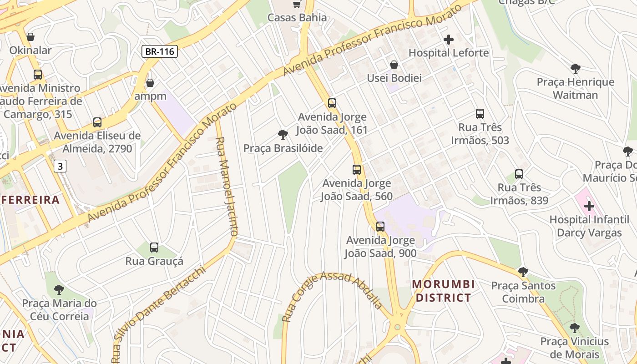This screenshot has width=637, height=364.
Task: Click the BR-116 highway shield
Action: pyautogui.click(x=159, y=51)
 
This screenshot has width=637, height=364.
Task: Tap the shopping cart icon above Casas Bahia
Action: pyautogui.click(x=297, y=4)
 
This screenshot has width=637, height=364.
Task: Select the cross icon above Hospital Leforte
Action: pyautogui.click(x=449, y=40)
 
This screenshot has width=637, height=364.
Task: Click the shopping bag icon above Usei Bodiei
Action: pyautogui.click(x=394, y=65)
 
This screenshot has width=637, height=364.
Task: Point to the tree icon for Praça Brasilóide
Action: pyautogui.click(x=283, y=135)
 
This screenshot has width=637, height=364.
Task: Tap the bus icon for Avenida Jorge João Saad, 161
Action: pyautogui.click(x=332, y=103)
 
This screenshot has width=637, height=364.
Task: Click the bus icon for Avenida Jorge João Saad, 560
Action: pyautogui.click(x=357, y=170)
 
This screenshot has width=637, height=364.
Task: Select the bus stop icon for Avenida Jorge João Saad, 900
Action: pyautogui.click(x=380, y=226)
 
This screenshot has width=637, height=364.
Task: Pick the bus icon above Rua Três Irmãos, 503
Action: pyautogui.click(x=480, y=114)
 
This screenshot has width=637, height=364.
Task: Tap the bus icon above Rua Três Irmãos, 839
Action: pyautogui.click(x=519, y=174)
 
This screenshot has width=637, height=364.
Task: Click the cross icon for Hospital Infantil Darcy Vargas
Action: pyautogui.click(x=589, y=206)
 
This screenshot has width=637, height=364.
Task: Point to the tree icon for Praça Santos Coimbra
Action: pyautogui.click(x=523, y=272)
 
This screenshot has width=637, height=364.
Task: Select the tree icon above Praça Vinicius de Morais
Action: pyautogui.click(x=575, y=328)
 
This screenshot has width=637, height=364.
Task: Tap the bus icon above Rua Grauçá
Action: pyautogui.click(x=154, y=248)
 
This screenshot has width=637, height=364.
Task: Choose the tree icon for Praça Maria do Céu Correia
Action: pyautogui.click(x=59, y=289)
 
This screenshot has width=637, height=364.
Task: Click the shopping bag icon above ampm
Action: pyautogui.click(x=150, y=83)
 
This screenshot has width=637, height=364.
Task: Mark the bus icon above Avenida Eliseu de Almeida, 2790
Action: pyautogui.click(x=97, y=122)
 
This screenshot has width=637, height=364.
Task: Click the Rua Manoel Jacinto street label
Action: pyautogui.click(x=227, y=187)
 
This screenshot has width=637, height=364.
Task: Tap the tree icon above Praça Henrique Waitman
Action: pyautogui.click(x=576, y=69)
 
